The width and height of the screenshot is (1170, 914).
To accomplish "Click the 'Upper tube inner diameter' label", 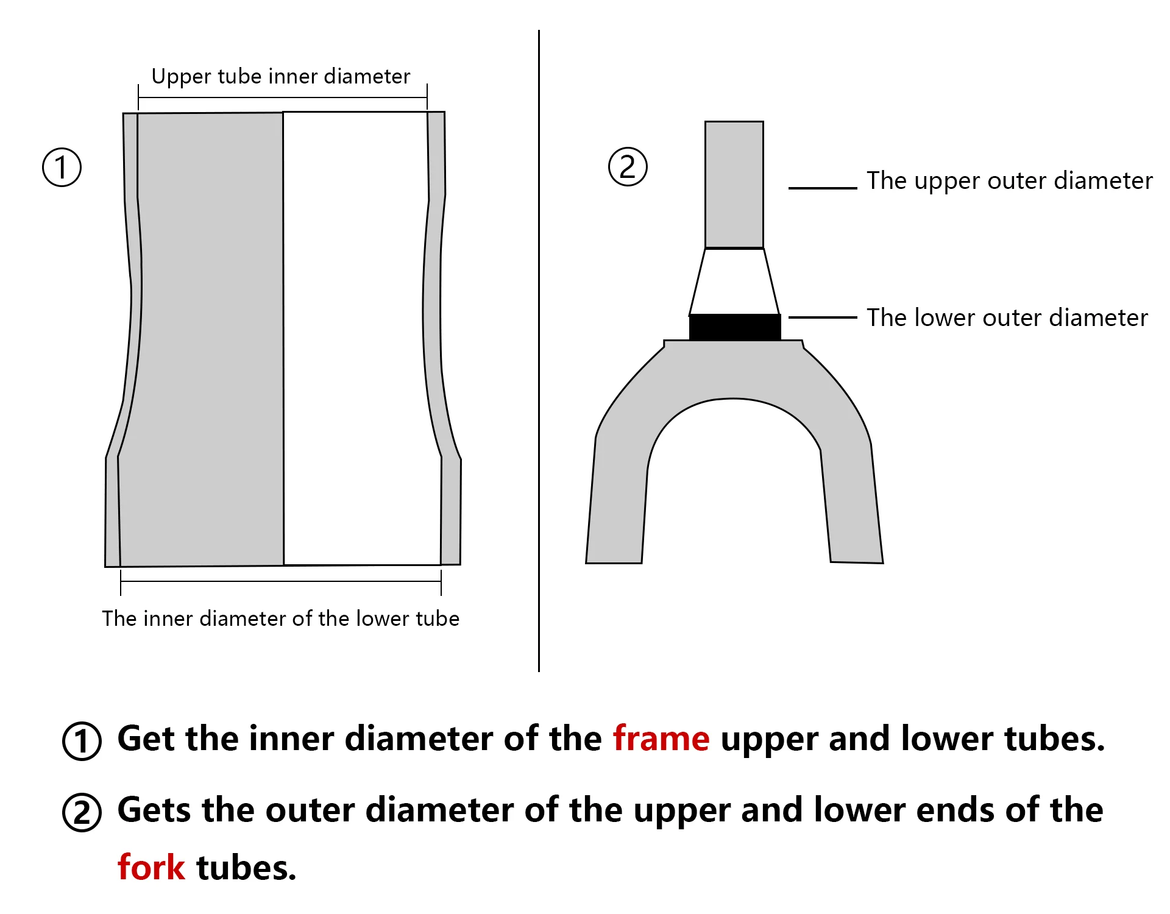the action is (280, 77).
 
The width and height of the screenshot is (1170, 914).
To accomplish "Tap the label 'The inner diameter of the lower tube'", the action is (280, 618).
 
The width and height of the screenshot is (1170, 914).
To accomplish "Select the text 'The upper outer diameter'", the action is (1009, 181).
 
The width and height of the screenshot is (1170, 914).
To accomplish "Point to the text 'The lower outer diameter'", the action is (1007, 318).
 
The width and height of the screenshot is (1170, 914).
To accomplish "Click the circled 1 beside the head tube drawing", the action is (62, 168).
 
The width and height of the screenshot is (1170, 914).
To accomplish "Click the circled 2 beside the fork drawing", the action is (628, 167).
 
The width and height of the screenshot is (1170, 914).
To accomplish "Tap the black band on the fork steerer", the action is (735, 327).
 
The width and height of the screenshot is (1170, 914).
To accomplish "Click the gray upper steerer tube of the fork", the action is (734, 185).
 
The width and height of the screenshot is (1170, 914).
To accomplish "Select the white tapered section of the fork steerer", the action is (734, 282).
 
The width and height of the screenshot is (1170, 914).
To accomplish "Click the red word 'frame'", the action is (661, 739).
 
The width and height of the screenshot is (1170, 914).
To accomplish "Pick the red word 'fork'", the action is (151, 868).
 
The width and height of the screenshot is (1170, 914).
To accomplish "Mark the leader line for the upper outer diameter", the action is (823, 188).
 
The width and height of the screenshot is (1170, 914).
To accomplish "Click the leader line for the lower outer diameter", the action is (823, 317).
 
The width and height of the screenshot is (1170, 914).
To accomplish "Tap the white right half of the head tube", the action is (360, 338).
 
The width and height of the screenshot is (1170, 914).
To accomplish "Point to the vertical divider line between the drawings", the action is (539, 351).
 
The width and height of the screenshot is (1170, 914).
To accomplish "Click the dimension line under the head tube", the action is (280, 581).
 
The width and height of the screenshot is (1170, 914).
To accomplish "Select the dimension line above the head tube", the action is (282, 97).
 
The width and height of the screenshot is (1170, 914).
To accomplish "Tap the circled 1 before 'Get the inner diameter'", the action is (82, 741).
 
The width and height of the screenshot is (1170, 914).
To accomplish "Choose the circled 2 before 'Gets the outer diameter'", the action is (82, 812).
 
